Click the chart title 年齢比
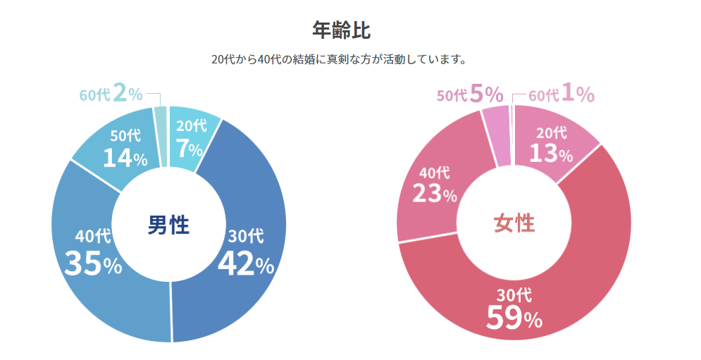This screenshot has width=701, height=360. point(341,30)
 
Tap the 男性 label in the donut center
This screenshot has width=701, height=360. point(168,225)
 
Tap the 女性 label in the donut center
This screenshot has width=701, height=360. point(514,223)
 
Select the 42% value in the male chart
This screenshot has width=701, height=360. point(245,263)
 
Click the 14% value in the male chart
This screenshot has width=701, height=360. point(125,158)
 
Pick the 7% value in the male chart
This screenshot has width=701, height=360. point(189,149)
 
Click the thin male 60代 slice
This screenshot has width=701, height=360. point(161,137)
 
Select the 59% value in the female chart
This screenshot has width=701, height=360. point(514,318)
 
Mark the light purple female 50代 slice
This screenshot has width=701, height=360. point(496,137)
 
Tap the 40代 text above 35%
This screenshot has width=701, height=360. point(93,237)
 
